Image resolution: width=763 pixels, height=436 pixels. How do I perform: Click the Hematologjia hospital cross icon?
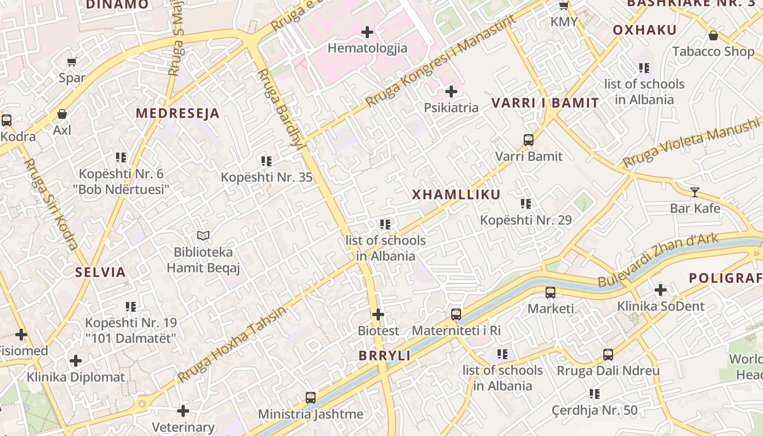coord(367,32)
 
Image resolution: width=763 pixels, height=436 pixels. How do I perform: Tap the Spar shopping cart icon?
coord(71,62)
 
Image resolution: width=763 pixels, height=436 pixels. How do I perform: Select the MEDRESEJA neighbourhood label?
coord(177,113)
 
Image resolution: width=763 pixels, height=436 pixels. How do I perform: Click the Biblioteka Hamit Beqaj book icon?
coord(203,235)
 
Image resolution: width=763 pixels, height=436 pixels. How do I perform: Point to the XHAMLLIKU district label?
coord(456,195)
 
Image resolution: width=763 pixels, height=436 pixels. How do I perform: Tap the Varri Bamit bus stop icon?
coord(528,140)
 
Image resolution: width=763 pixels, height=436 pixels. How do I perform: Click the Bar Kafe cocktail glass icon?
coord(694,192)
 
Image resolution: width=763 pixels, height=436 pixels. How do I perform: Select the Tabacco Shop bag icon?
coord(713,36)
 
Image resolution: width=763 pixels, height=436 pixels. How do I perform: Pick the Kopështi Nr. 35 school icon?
coord(266,161)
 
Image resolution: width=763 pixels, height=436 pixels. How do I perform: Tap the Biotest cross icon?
coord(378,314)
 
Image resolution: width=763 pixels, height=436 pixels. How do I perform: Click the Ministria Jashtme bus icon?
coord(311,398)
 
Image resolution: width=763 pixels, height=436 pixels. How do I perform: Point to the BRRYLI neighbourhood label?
coord(384,356)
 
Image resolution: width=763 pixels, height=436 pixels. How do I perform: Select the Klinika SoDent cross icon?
coord(661,290)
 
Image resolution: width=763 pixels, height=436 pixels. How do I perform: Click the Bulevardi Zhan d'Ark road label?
coord(658,260)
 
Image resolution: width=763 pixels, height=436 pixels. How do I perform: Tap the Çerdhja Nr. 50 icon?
coord(594,393)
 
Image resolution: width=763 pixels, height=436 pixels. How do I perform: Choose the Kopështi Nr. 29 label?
coord(525,220)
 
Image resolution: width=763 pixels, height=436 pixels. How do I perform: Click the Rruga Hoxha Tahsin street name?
coord(232,344)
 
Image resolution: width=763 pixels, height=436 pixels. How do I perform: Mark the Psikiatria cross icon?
coord(451,92)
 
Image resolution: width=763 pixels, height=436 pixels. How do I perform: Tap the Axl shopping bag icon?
coord(62,114)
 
